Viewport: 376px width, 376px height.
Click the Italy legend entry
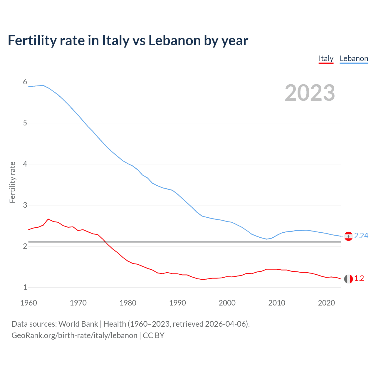point(326,58)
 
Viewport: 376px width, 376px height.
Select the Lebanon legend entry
point(354,58)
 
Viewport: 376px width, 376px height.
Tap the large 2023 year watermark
point(310,93)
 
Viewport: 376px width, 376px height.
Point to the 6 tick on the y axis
point(25,82)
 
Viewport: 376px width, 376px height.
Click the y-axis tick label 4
point(25,164)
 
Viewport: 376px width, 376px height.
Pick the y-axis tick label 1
point(25,287)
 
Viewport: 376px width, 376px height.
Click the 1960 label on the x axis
point(28,303)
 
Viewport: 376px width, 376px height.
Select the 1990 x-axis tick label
point(177,303)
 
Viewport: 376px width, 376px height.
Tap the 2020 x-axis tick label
point(326,303)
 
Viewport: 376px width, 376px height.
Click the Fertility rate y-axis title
point(12,182)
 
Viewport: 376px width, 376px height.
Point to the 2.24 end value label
point(361,236)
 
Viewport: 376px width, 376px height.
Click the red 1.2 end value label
point(359,278)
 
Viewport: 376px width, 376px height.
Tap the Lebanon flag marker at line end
point(348,236)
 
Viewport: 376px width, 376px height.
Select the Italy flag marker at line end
point(348,279)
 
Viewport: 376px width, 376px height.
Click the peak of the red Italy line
point(48,219)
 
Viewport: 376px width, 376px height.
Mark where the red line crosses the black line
point(105,242)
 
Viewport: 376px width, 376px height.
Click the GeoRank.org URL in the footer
point(74,335)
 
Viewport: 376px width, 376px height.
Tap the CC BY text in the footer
point(153,335)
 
